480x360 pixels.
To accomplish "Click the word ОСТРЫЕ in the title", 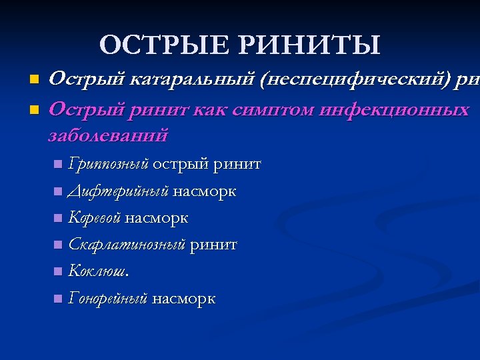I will (x=164, y=45).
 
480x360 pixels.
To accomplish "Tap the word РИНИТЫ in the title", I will (x=309, y=45).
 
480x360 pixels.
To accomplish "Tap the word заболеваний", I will (x=109, y=135).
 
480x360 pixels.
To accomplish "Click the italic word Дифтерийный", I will (x=119, y=192).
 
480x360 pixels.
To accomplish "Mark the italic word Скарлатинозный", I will (x=127, y=245).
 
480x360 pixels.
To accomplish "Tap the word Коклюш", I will (x=99, y=272).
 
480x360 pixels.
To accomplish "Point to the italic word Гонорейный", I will (x=107, y=299).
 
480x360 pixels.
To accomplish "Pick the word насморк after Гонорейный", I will (x=183, y=299).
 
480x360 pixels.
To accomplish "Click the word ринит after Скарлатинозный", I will (x=213, y=245).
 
